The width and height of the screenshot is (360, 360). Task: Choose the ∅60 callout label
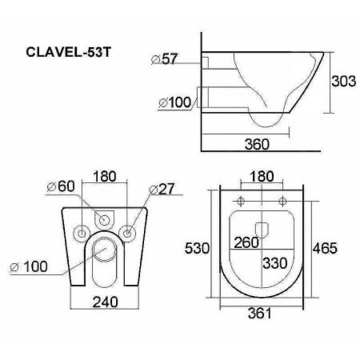62,187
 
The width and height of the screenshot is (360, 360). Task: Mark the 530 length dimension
198,248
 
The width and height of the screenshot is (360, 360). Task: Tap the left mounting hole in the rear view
80,233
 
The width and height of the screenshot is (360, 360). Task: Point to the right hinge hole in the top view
282,199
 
